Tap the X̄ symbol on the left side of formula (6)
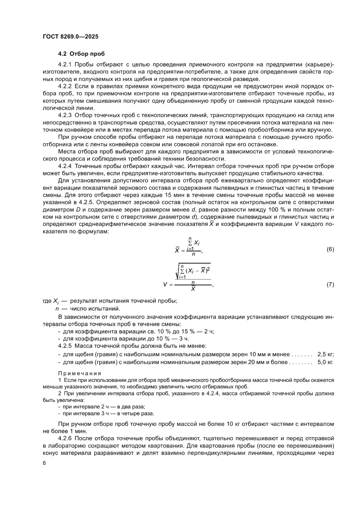point(177,250)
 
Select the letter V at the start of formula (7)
point(166,285)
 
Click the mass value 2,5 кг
point(326,354)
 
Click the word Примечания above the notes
point(80,373)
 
